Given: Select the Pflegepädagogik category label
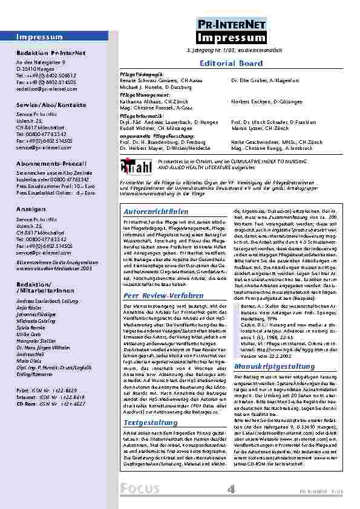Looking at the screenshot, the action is (140, 73).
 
